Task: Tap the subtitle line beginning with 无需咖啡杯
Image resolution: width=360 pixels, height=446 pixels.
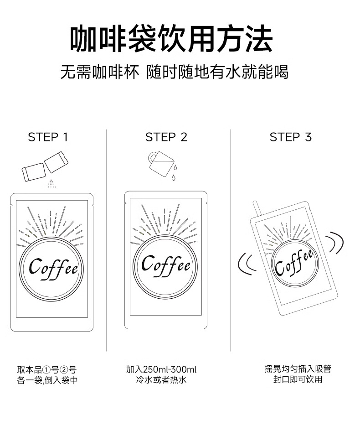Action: pos(175,72)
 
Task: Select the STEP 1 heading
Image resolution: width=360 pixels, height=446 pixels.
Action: pos(48,137)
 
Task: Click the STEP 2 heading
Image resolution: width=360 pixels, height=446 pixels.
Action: pos(166,137)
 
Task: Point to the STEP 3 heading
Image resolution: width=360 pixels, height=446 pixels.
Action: pos(291,137)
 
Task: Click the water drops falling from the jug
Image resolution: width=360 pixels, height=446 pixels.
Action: pos(174,172)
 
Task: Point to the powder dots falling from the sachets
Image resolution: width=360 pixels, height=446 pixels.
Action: pos(52,184)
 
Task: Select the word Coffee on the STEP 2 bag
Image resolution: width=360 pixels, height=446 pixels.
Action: pos(165,264)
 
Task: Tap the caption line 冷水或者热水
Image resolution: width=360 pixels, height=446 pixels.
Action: pos(161,380)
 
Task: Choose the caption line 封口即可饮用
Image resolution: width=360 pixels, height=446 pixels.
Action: pos(298,380)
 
